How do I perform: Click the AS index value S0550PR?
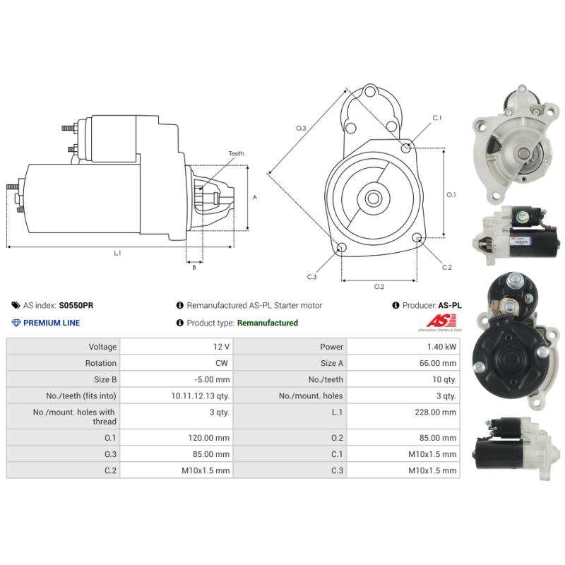[x=76, y=306]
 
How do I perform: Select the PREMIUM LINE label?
[x=52, y=323]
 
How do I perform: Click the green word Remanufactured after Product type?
[x=267, y=323]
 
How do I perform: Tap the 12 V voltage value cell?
[x=221, y=347]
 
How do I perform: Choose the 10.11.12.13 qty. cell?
[x=201, y=395]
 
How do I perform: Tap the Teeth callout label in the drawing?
[x=236, y=153]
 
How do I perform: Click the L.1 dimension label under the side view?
[x=117, y=253]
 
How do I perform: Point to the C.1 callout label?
[x=436, y=118]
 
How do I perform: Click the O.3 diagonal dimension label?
[x=300, y=128]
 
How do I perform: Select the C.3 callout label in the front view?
[x=311, y=277]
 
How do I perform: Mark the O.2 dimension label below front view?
[x=379, y=286]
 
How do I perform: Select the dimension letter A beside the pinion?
[x=254, y=197]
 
